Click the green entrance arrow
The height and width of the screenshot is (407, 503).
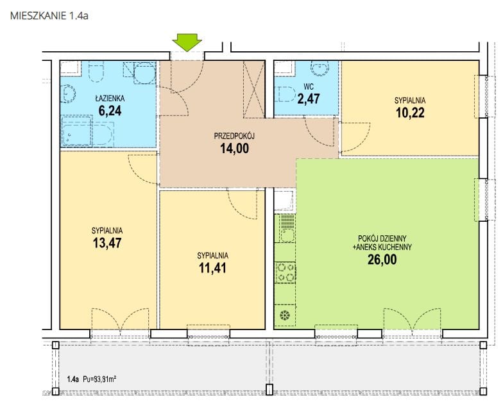click(187, 42)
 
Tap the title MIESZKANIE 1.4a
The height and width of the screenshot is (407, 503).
click(49, 15)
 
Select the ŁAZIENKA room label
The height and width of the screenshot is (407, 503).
click(110, 99)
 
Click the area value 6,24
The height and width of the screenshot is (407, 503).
click(110, 111)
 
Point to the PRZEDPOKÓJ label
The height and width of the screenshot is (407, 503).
click(234, 136)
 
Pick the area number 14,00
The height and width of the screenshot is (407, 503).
click(235, 149)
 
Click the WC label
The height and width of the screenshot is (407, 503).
click(309, 87)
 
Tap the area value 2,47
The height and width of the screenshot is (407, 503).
click(309, 99)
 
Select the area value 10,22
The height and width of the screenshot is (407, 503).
click(411, 113)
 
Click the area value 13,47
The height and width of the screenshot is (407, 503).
click(107, 243)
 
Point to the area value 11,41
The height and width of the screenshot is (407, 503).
click(212, 268)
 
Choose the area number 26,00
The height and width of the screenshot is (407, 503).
click(382, 260)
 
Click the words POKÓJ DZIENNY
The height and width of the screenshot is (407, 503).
click(382, 238)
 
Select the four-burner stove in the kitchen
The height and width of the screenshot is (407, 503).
click(285, 273)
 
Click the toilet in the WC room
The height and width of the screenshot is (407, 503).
click(286, 94)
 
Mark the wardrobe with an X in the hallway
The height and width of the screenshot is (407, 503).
click(254, 89)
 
